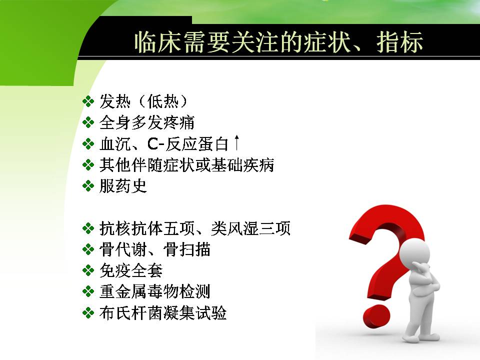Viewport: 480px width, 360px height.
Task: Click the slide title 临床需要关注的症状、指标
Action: click(x=278, y=42)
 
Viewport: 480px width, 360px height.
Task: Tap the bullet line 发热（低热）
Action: click(x=143, y=101)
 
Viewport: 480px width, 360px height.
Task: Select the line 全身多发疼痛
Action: click(x=147, y=122)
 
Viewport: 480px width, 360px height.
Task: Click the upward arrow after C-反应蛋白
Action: click(x=236, y=143)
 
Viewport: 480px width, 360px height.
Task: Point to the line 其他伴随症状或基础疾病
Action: click(x=186, y=165)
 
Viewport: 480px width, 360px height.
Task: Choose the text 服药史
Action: click(x=123, y=186)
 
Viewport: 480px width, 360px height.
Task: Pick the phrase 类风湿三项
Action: click(x=250, y=228)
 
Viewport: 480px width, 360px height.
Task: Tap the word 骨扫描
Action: click(x=186, y=249)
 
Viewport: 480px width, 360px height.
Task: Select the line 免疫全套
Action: click(x=131, y=270)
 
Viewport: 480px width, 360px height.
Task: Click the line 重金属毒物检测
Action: click(x=155, y=291)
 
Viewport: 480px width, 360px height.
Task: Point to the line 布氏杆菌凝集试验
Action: click(x=163, y=313)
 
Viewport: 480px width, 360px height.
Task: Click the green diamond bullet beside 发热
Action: click(x=88, y=101)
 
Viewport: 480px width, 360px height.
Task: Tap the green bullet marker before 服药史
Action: click(x=88, y=186)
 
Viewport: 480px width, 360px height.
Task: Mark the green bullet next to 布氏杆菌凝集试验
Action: click(x=88, y=313)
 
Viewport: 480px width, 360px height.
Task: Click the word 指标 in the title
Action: click(x=400, y=42)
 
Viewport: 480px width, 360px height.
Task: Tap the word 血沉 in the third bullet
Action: click(x=115, y=144)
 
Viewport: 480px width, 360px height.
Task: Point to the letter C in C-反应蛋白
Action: click(x=153, y=144)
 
